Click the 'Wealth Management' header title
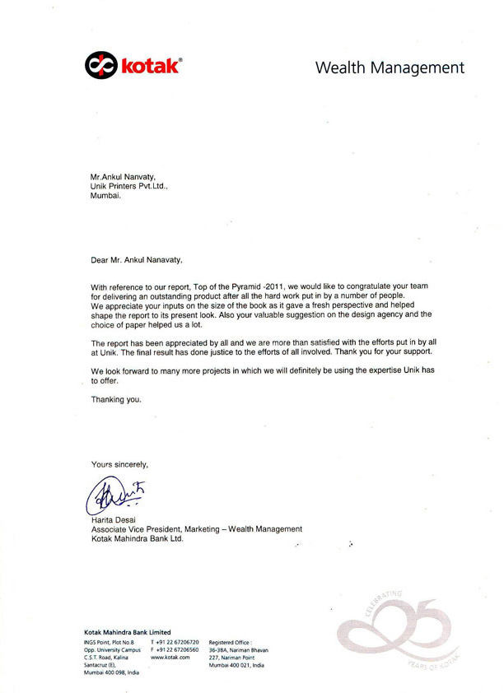pos(390,67)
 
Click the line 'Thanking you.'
pos(116,400)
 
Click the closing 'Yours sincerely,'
pos(120,464)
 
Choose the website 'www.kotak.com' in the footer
pos(171,658)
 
